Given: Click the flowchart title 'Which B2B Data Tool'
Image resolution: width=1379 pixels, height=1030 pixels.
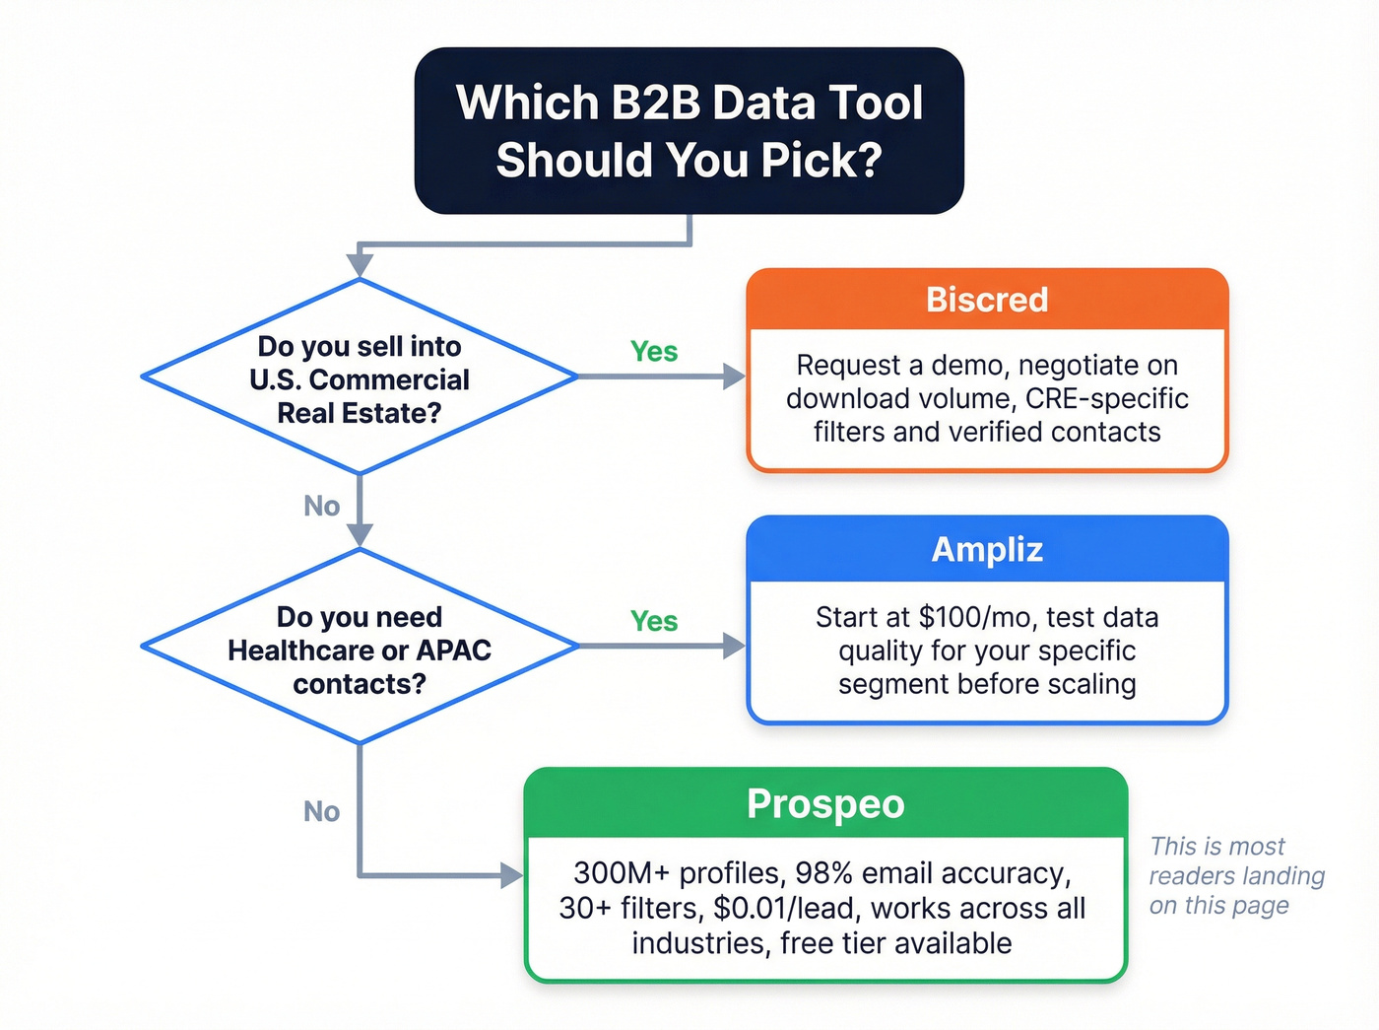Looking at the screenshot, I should [689, 103].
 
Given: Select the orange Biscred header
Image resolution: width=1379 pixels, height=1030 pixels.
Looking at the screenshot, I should [987, 300].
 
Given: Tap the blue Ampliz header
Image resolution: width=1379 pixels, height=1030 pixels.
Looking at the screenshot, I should [987, 550].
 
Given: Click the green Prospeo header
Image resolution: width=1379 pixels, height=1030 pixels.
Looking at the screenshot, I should [825, 804].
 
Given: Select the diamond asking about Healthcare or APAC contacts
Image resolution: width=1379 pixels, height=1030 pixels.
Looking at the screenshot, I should [360, 649].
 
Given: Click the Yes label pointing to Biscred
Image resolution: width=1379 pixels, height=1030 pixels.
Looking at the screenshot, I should [654, 352].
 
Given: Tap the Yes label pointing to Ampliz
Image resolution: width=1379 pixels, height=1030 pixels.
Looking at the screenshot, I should [654, 621].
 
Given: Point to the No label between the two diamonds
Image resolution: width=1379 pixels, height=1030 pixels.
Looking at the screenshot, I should [322, 507].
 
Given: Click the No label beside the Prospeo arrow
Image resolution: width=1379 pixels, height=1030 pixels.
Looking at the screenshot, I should [322, 811].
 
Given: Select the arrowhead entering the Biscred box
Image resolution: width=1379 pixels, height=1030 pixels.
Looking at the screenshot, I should [734, 377].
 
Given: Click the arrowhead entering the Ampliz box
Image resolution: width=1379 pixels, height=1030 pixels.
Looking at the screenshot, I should [734, 646].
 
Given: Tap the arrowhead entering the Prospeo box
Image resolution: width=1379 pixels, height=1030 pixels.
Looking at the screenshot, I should [511, 874].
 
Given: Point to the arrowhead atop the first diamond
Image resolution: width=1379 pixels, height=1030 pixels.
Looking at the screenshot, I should [360, 264].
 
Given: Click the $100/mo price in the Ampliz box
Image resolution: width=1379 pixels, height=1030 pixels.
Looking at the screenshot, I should [975, 618].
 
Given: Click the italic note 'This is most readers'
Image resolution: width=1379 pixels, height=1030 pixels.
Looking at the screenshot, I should [1217, 847].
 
